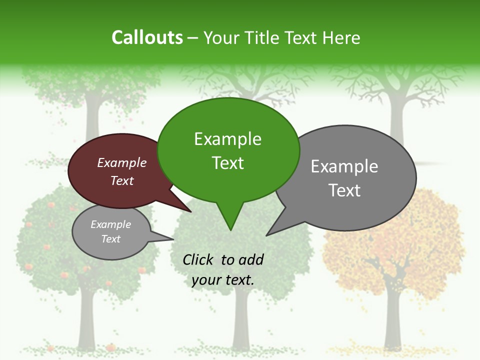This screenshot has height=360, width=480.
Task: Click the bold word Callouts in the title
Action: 147,37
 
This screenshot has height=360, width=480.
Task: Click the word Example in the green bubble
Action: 227,139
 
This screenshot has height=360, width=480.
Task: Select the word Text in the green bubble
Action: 227,163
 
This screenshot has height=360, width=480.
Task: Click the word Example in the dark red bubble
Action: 122,163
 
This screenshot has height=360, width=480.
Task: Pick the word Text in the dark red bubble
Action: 122,180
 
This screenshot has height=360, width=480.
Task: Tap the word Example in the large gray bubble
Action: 344,166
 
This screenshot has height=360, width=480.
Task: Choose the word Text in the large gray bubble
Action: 344,190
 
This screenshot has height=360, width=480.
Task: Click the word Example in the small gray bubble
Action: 111,225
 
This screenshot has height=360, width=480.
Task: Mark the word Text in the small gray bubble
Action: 111,239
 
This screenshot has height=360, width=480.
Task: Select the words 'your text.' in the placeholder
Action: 223,280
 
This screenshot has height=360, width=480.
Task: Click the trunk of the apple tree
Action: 86,320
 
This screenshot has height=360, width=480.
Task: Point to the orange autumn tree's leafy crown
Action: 395,235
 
